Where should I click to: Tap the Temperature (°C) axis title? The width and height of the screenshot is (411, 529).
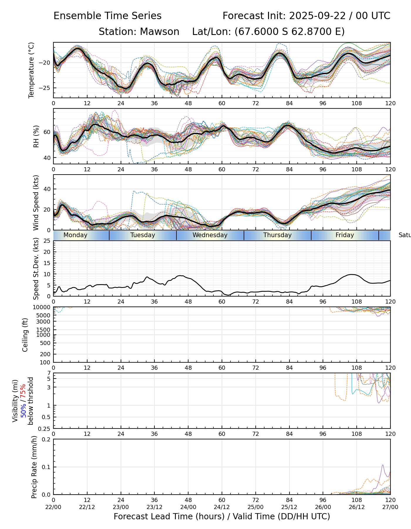coord(31,70)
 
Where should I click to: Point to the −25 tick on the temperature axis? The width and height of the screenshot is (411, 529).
coord(46,88)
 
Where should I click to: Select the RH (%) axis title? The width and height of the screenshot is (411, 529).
coord(36,136)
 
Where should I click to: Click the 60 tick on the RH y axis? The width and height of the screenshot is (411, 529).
coord(47,132)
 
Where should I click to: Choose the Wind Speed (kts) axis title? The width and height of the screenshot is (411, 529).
coord(36,203)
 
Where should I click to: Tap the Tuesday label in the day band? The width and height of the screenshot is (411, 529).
coord(143,235)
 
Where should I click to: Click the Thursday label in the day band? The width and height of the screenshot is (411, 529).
coord(277,235)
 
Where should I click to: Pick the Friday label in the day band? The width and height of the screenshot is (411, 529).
coord(345,235)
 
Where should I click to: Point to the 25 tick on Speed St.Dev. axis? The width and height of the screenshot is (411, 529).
coord(47,241)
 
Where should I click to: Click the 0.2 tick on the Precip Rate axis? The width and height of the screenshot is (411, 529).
coord(46,439)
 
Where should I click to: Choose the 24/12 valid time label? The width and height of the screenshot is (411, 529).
coord(222,507)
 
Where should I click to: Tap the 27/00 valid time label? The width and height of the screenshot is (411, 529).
coord(390,507)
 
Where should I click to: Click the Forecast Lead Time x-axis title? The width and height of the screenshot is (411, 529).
coord(222,516)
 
